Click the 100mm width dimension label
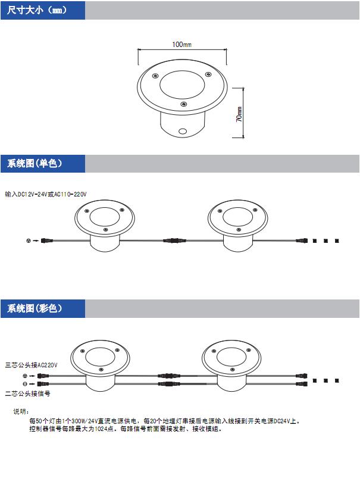181,45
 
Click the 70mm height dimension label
239,114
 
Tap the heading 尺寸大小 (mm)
37,10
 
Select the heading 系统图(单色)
35,163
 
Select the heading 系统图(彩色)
35,308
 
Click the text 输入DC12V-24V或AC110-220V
46,194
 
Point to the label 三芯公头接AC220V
31,365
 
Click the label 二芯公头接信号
27,394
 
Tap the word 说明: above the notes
21,411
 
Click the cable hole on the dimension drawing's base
182,131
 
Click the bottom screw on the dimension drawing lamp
183,104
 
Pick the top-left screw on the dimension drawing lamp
155,76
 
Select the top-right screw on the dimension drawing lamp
208,74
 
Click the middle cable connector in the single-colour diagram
174,240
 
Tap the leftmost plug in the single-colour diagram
47,241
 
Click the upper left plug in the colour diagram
43,376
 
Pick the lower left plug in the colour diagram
43,384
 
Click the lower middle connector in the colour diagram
169,384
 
